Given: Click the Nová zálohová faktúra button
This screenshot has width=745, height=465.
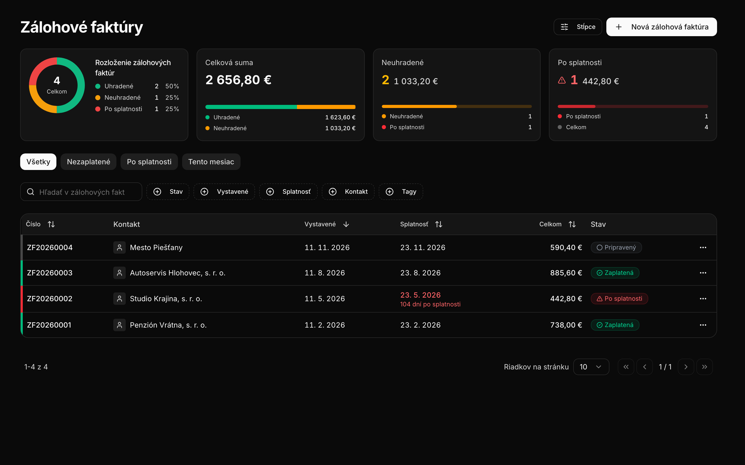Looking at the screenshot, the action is pyautogui.click(x=661, y=27).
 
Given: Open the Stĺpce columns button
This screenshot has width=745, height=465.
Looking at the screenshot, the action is pyautogui.click(x=578, y=27).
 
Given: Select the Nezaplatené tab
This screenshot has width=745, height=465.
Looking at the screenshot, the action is pyautogui.click(x=88, y=162).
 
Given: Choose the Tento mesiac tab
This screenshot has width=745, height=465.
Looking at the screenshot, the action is pyautogui.click(x=211, y=162).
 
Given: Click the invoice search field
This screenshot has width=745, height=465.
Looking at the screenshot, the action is pyautogui.click(x=81, y=192).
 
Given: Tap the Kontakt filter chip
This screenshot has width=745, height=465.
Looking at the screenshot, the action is pyautogui.click(x=348, y=192).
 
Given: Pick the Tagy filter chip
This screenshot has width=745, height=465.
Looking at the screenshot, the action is pyautogui.click(x=401, y=192).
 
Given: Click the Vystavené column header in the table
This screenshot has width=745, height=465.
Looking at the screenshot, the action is pyautogui.click(x=320, y=224).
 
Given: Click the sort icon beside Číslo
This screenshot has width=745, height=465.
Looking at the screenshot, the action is pyautogui.click(x=51, y=224).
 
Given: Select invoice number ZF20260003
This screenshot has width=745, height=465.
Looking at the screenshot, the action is pyautogui.click(x=50, y=273).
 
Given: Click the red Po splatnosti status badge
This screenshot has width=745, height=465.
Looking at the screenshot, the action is pyautogui.click(x=619, y=299).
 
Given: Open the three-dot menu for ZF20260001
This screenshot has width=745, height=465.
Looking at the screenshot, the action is pyautogui.click(x=703, y=325).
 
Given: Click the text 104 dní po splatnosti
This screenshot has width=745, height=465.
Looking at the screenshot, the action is pyautogui.click(x=430, y=304).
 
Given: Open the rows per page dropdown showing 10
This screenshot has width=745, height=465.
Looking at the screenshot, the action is pyautogui.click(x=591, y=367).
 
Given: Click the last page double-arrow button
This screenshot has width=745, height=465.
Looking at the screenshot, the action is pyautogui.click(x=704, y=367).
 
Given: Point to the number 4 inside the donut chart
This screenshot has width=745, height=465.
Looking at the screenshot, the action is pyautogui.click(x=57, y=81).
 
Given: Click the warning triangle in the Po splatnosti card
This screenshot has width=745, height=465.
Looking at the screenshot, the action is pyautogui.click(x=562, y=80).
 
